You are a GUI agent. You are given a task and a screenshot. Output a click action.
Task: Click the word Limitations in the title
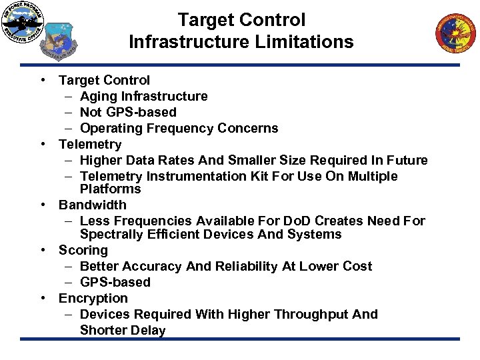coord(307,42)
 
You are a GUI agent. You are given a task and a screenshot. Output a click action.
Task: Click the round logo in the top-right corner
coord(457,34)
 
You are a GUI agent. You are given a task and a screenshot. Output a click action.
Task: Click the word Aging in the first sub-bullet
coord(98,96)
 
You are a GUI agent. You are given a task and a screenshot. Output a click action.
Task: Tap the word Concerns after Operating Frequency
coord(251,128)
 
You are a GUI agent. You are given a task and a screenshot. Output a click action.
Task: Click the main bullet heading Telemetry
coord(90,144)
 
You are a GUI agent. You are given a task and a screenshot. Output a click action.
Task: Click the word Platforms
coord(105,189)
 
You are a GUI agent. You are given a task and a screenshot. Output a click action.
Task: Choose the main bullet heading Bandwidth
coord(92,205)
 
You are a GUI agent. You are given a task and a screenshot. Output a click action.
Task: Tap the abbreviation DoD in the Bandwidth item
coord(303,221)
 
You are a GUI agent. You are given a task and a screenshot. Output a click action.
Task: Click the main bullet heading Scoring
coord(83,250)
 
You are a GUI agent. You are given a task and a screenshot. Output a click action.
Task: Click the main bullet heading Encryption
coord(93,298)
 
